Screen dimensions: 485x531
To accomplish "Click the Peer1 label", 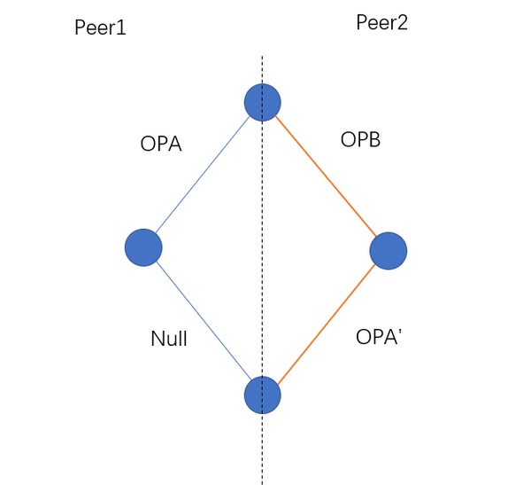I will (100, 27).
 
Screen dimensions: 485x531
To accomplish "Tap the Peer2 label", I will (381, 23).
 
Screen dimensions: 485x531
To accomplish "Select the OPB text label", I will (360, 140).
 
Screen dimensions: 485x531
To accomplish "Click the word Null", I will (168, 338).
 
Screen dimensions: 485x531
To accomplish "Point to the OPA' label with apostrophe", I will (379, 337).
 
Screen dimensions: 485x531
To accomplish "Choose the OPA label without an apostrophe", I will (161, 144).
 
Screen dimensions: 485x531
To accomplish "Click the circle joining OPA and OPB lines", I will (263, 101).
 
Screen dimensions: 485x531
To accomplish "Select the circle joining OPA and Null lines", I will (143, 246).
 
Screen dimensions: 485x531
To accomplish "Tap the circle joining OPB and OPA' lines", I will (388, 252).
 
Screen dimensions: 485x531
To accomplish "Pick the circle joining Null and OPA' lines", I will (262, 394).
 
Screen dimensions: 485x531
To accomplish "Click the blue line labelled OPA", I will (204, 174).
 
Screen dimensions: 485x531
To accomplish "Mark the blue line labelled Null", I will (203, 320).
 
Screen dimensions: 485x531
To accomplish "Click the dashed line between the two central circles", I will (262, 248).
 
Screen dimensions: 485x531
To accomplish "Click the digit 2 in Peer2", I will (402, 23).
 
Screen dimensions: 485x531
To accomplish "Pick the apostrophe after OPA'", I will (401, 332).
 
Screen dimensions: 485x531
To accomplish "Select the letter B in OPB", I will (373, 140).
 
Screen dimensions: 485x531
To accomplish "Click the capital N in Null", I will (157, 338).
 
